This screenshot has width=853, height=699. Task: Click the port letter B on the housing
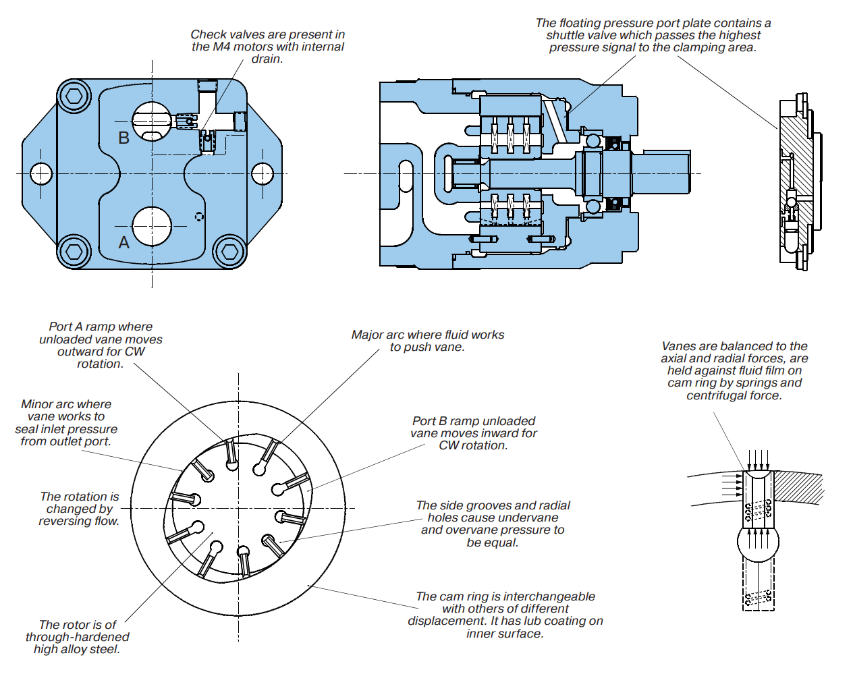click(123, 138)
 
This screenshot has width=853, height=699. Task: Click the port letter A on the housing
click(123, 242)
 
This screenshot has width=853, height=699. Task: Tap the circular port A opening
click(152, 227)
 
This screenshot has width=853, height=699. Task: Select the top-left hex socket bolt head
click(74, 96)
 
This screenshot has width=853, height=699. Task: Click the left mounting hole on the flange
click(41, 173)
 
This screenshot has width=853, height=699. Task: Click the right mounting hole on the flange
click(263, 173)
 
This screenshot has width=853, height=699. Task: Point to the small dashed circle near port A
click(199, 217)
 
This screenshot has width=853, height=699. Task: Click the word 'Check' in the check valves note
click(209, 34)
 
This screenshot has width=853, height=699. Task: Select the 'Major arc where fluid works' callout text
click(427, 335)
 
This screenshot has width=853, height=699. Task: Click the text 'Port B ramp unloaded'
click(474, 421)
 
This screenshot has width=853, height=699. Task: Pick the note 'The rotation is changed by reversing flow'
click(79, 509)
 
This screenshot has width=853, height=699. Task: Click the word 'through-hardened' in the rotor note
click(77, 637)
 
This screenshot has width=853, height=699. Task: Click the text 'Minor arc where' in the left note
click(66, 404)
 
